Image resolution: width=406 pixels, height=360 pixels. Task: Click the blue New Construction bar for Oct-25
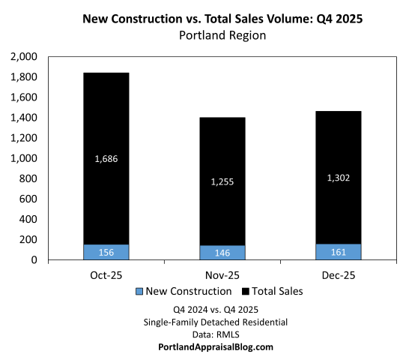pos(106,252)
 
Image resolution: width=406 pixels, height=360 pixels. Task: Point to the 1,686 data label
pos(106,158)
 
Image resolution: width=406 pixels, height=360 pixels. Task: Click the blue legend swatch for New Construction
pos(140,291)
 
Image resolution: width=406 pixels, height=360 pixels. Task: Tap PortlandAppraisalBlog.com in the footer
pos(204,346)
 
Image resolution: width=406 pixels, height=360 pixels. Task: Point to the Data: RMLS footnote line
pos(204,334)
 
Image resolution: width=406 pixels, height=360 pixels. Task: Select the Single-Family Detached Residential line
pos(204,321)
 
